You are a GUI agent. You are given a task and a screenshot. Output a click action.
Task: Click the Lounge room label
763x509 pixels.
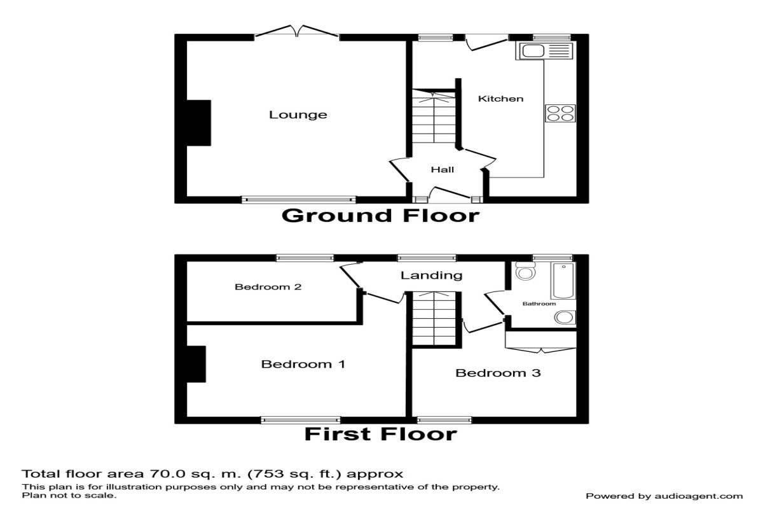(298, 115)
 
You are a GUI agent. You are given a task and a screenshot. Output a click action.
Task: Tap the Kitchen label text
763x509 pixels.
(501, 99)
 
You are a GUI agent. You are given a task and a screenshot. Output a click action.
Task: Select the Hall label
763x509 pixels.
(443, 170)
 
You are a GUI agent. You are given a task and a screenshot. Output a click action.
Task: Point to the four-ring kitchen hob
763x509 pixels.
(560, 113)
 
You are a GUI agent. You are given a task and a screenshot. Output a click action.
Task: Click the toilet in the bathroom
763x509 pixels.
(525, 271)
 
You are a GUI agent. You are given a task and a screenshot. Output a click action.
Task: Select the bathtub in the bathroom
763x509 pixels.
(563, 281)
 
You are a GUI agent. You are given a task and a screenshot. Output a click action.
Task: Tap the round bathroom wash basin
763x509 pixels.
(565, 317)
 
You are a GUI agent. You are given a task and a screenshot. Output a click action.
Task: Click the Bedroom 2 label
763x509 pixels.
(268, 287)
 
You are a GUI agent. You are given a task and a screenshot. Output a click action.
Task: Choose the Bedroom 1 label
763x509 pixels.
(303, 365)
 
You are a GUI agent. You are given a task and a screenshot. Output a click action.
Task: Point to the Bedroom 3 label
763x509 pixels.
(498, 373)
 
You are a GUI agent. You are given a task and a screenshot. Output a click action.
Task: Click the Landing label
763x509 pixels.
(431, 275)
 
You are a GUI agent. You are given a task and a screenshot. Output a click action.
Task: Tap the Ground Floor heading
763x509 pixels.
(380, 216)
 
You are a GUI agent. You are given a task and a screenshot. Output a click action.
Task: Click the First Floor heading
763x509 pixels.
(380, 435)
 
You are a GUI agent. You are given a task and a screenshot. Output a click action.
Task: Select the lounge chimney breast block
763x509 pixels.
(198, 123)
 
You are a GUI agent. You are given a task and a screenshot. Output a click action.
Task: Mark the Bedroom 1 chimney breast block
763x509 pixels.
(196, 364)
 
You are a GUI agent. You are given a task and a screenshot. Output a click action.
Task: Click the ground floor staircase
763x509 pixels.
(434, 116)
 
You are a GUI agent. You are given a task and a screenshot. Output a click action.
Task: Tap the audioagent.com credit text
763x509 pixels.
(698, 496)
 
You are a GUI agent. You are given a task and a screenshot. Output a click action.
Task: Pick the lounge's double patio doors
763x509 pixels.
(297, 31)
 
